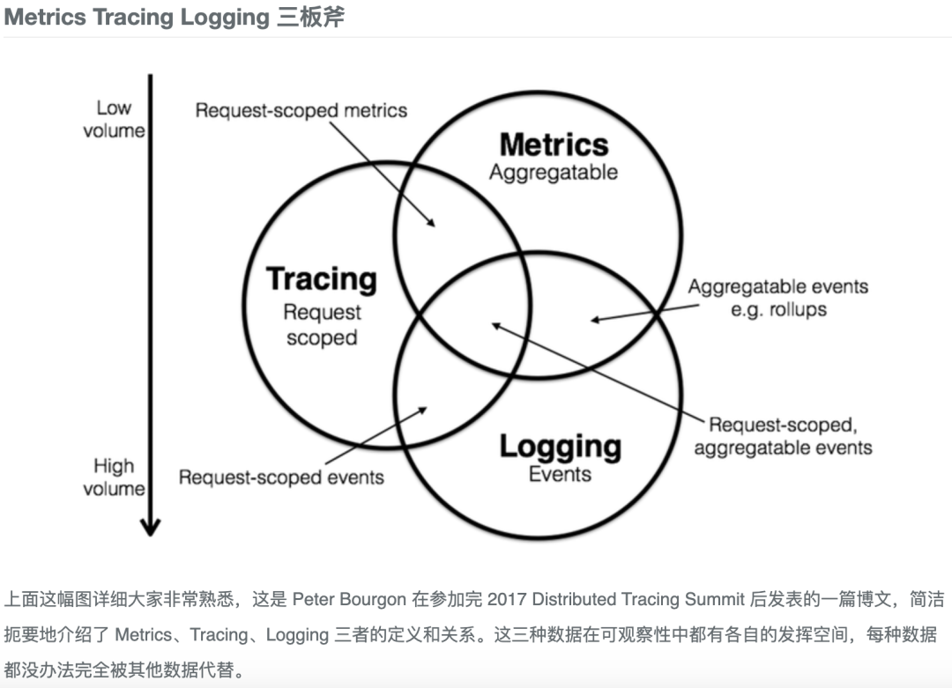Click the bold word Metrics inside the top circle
point(554,144)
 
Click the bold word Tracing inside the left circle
point(322,279)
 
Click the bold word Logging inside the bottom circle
point(560,446)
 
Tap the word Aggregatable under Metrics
point(554,172)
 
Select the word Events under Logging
point(560,474)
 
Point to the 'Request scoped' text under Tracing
point(322,325)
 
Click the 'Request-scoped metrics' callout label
point(301,110)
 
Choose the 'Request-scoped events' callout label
point(281,477)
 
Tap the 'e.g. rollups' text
point(778,309)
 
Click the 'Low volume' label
point(114,119)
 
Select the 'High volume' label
point(114,477)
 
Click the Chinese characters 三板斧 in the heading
point(309,18)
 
